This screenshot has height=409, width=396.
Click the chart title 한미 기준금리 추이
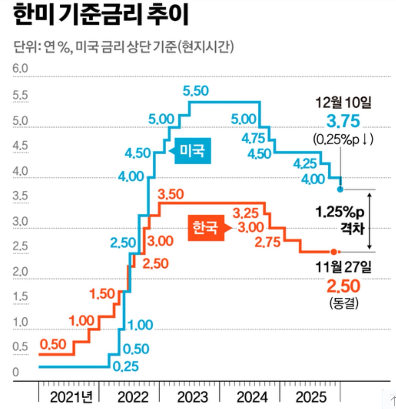coord(100,15)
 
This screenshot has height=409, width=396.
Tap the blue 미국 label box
coord(192,151)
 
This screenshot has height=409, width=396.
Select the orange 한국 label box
coord(206,228)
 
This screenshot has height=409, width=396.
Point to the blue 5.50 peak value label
coord(196,91)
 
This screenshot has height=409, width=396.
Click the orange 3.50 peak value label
coord(171,194)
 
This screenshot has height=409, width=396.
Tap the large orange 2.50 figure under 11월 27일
coord(343,286)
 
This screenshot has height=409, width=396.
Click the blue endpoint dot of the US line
coord(340,189)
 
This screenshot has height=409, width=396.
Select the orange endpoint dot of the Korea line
coord(334,252)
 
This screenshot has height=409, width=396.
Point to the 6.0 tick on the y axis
coord(20,69)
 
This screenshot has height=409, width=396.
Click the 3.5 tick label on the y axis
coord(20,196)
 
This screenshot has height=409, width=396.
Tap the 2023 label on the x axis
coord(192,397)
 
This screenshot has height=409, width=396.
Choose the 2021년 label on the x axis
coord(71,397)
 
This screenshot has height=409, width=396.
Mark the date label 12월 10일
coord(343,103)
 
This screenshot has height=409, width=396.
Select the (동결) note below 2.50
coord(344,303)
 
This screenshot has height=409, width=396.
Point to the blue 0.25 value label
coord(126,367)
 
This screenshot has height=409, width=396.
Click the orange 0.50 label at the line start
coord(53,344)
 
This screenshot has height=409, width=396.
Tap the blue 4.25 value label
coord(305,164)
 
